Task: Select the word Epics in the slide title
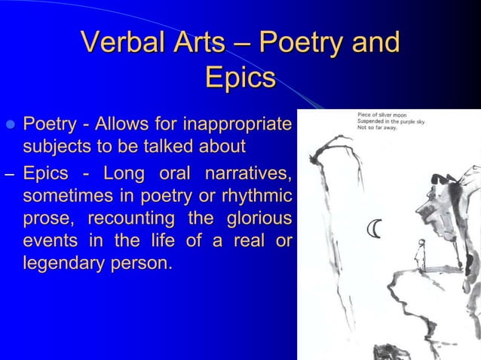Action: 240,78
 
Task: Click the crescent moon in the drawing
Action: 374,229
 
